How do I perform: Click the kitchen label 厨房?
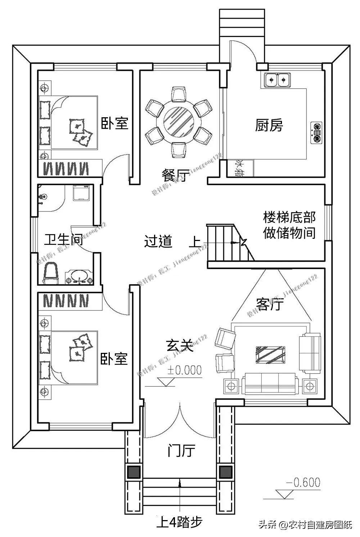pos(269,126)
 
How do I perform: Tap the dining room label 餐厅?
pos(174,176)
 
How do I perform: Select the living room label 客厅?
pos(270,304)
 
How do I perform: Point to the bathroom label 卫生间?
pos(63,240)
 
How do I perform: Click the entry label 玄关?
pos(180,346)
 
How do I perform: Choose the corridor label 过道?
pos(158,241)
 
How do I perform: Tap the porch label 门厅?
pos(181,450)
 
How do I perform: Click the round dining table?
pos(179,120)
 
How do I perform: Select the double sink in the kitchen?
pos(277,80)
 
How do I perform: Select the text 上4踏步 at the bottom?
pos(179,522)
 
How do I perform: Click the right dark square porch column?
pos(225,472)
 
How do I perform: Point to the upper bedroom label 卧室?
pos(114,123)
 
